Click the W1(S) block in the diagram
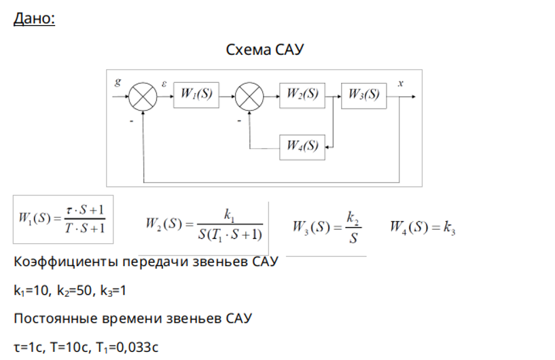coord(196,95)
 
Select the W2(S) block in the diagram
coord(302,95)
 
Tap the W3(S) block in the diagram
coord(364,96)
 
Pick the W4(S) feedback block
coord(302,147)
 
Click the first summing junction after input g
coord(143,96)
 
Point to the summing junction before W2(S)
coord(249,96)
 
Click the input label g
coord(118,82)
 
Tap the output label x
coord(400,84)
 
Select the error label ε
coord(164,84)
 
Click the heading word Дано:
coord(35,18)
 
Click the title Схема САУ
coord(264,50)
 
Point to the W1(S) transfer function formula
coord(62,219)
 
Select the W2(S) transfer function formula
coord(204,225)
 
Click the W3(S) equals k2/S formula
coord(327,228)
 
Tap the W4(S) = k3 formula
coord(423,227)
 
